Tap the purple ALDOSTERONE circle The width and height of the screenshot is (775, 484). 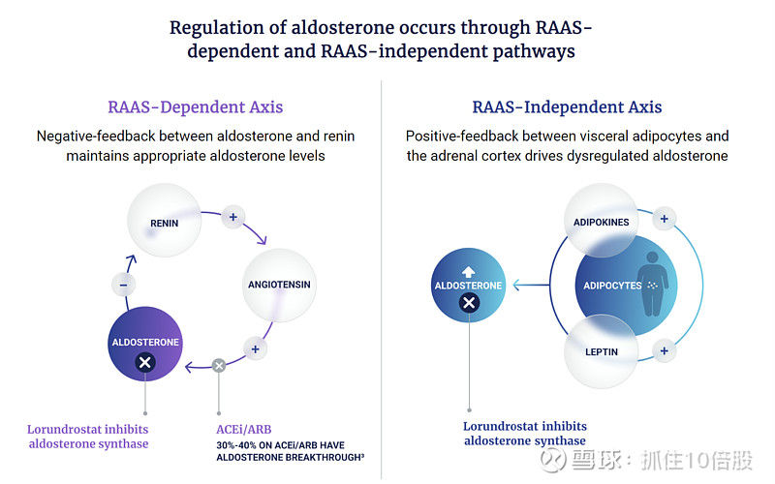coord(144,345)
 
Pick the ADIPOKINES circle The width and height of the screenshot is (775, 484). coord(602,223)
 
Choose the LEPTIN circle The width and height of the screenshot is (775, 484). coord(602,350)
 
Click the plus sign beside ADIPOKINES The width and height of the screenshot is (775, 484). coord(664,219)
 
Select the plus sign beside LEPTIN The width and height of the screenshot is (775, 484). coord(664,351)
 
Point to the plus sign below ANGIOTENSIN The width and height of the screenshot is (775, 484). coord(255,348)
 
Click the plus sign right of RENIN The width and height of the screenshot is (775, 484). coord(232,217)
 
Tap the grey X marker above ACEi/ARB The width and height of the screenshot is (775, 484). coord(219,366)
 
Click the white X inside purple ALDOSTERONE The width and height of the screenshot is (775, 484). coord(144,363)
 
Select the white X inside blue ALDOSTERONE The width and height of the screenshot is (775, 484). coord(469,303)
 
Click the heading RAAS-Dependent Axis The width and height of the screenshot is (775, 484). coord(195,106)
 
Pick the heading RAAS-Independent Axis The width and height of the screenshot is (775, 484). coord(567,106)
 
